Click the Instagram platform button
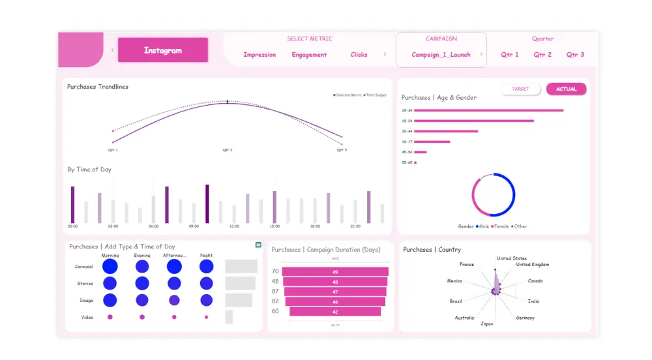click(163, 50)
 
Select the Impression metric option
click(259, 55)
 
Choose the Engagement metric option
click(309, 55)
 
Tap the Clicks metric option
click(359, 55)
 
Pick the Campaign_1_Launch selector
click(441, 55)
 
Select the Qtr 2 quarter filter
click(542, 55)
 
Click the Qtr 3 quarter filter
click(575, 55)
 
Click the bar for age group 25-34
click(488, 110)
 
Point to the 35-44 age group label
click(407, 131)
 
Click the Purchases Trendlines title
click(98, 87)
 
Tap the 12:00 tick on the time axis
click(234, 226)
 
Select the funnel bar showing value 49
click(335, 271)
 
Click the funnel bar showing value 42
click(335, 312)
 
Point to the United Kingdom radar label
click(533, 265)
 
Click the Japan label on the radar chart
click(487, 323)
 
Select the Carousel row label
click(84, 267)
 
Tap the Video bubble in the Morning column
click(110, 317)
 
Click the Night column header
click(206, 256)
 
